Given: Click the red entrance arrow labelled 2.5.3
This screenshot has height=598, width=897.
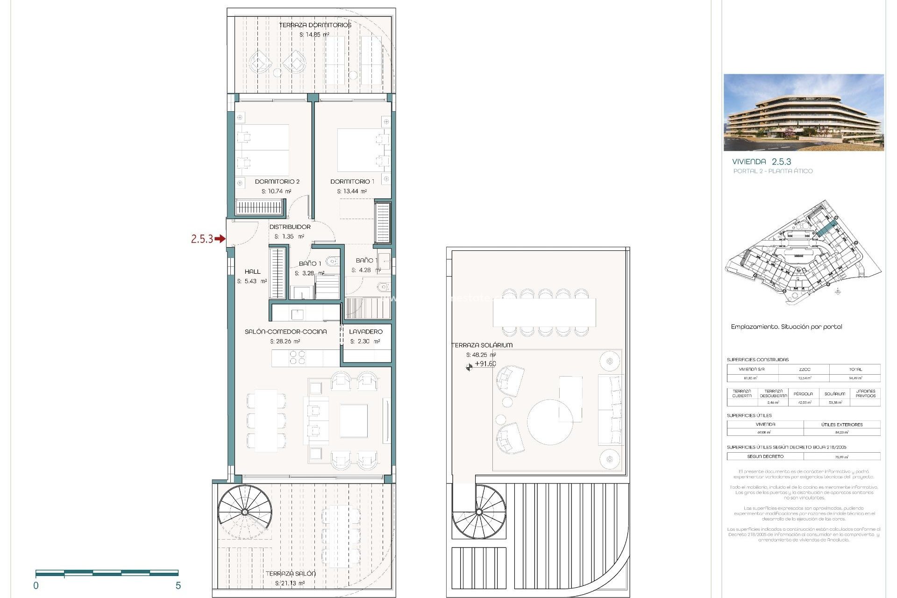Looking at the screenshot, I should click(x=220, y=239).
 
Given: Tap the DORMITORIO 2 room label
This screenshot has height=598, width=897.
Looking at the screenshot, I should click(x=277, y=181).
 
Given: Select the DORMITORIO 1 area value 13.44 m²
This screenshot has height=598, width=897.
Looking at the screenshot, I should click(x=352, y=191).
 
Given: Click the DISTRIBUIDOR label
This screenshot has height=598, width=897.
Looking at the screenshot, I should click(x=290, y=227).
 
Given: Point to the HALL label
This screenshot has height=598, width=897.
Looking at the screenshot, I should click(x=252, y=271).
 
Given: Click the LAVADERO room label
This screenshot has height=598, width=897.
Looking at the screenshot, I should click(x=366, y=331).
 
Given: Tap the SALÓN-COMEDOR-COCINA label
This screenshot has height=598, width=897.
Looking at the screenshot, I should click(x=285, y=331).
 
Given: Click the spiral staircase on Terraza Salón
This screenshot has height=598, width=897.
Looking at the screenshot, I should click(x=245, y=512).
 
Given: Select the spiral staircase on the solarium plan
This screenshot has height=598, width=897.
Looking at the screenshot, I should click(x=479, y=512).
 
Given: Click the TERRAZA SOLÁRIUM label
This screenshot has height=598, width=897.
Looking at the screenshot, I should click(x=482, y=345).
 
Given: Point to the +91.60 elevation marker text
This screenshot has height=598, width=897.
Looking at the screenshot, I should click(x=485, y=364).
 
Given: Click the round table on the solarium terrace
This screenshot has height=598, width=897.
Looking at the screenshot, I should click(x=550, y=422).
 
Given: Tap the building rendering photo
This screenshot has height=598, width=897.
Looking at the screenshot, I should click(x=804, y=112).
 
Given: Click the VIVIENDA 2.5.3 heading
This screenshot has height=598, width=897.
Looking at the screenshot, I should click(x=762, y=162).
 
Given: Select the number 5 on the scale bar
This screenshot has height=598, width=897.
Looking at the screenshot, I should click(x=178, y=585).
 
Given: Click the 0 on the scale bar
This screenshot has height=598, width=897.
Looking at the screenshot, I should click(x=36, y=585).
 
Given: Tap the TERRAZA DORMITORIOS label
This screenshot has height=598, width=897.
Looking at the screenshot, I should click(x=315, y=25).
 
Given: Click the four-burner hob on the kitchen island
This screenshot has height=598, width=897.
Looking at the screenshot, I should click(x=297, y=358).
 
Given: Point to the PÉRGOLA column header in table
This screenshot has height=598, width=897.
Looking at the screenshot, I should click(x=803, y=394).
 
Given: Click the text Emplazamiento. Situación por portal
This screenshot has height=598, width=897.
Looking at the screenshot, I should click(x=786, y=327).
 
